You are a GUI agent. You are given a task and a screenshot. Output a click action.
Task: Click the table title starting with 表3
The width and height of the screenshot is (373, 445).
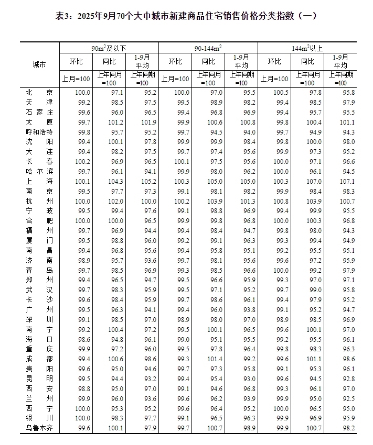tap(186, 16)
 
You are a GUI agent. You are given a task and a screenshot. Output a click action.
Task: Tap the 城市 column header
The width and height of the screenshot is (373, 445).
tap(39, 65)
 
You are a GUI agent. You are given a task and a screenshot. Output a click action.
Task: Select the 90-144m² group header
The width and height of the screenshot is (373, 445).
tap(208, 48)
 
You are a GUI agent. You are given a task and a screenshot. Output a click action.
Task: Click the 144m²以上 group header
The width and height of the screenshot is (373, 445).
tap(307, 48)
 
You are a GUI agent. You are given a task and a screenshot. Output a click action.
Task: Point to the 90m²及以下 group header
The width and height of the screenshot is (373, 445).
tap(109, 48)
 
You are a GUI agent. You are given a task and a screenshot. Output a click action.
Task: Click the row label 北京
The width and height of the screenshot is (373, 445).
tap(39, 93)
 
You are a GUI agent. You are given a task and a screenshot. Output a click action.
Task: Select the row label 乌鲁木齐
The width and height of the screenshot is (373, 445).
tap(39, 428)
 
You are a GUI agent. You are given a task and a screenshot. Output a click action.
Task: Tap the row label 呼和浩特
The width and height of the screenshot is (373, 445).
tap(39, 132)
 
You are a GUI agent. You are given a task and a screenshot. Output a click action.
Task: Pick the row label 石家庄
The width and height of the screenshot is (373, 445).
tap(39, 113)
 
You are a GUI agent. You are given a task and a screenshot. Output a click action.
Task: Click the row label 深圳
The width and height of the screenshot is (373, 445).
tap(39, 319)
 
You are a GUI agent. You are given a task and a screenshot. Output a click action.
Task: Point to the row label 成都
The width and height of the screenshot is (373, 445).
tap(39, 359)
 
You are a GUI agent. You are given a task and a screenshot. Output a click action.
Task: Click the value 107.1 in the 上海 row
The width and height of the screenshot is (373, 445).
tap(347, 182)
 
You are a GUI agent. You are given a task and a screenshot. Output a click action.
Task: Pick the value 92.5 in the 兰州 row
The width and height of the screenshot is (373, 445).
tap(347, 399)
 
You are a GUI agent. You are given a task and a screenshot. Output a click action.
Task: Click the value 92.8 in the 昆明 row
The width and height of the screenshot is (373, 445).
tap(347, 379)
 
